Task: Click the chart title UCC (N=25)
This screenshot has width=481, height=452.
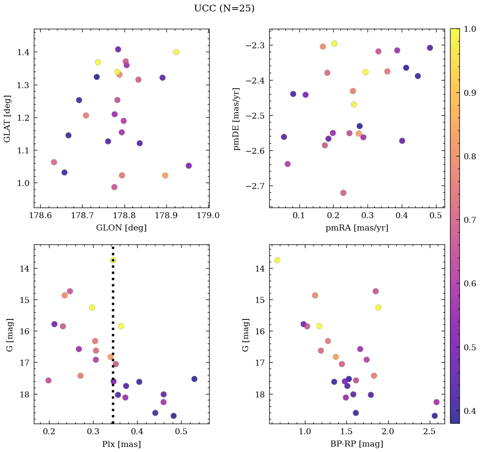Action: click(x=224, y=8)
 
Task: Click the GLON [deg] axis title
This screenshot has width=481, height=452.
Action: click(x=121, y=228)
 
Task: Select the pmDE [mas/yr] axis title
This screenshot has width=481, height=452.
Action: click(x=237, y=119)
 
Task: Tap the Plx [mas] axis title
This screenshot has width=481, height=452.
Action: click(x=121, y=444)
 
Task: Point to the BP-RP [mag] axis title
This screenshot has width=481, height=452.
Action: click(x=357, y=444)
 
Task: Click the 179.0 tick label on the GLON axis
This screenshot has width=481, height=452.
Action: click(x=209, y=216)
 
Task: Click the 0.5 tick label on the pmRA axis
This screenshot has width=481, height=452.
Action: click(x=436, y=216)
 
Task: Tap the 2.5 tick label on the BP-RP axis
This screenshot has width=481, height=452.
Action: click(x=429, y=432)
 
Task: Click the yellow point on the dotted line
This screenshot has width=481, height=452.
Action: click(x=113, y=260)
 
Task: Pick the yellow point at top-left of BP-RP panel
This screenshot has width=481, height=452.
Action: click(x=277, y=260)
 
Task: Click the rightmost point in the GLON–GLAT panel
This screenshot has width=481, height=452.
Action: click(x=188, y=166)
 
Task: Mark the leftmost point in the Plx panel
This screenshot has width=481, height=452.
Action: click(x=48, y=380)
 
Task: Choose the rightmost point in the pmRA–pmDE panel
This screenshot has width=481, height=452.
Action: click(x=430, y=48)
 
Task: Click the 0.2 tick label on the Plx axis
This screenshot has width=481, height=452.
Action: click(x=50, y=432)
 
